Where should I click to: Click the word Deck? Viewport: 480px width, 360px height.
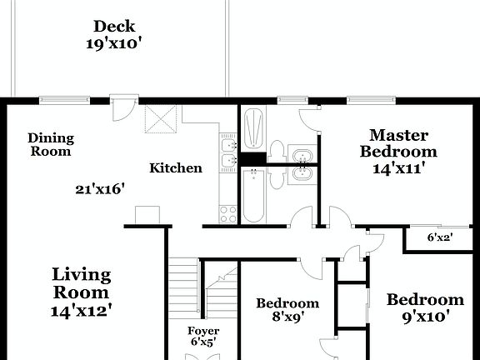point(114,27)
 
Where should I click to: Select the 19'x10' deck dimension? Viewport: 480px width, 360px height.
point(114,43)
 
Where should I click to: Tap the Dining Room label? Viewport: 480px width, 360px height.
point(51,144)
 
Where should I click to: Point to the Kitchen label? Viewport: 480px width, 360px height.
point(175,168)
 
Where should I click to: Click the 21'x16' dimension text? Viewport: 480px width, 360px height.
point(100,189)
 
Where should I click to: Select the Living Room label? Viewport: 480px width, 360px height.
point(81,283)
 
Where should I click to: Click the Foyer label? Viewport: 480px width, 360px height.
point(202,331)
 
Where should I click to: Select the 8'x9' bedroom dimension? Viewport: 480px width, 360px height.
point(287,317)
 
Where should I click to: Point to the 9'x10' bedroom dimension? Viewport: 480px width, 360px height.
point(424,317)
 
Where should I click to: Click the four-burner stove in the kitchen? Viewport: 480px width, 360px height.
point(227,213)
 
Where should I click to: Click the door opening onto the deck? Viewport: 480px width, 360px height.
point(122,107)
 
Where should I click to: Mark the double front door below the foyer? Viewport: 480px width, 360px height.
point(202,355)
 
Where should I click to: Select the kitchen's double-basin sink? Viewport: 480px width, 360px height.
point(227,155)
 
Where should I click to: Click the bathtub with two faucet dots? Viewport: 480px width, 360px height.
point(252,196)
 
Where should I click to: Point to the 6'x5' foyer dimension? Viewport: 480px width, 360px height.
point(202,342)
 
